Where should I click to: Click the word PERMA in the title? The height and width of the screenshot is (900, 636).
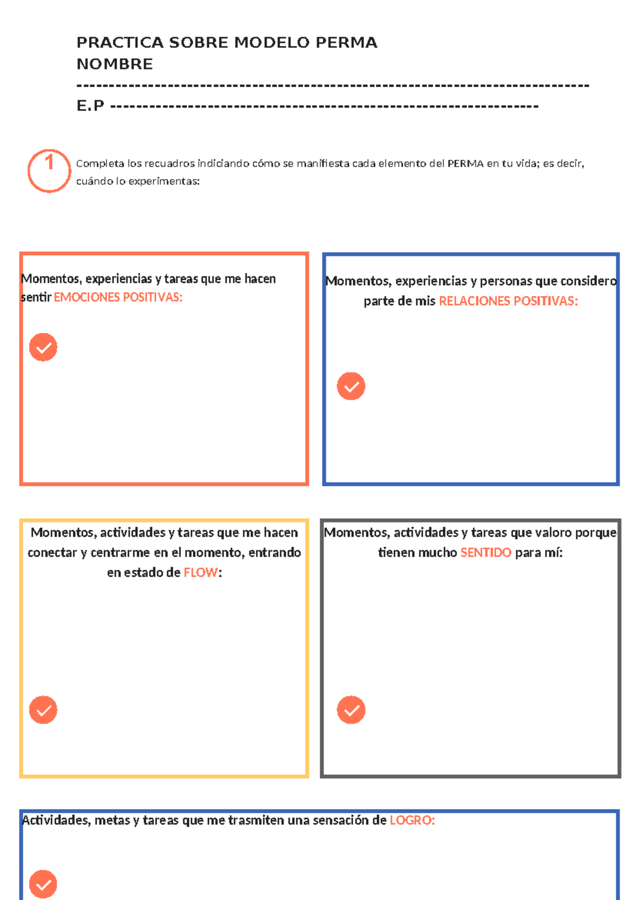tap(346, 42)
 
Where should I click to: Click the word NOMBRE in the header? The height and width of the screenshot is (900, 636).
tap(114, 64)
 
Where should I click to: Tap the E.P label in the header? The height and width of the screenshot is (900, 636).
tap(90, 106)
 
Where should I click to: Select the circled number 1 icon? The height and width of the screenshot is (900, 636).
tap(49, 171)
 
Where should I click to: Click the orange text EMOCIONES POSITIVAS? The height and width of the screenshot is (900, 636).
tap(118, 297)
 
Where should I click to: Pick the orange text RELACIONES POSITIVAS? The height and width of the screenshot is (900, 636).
tap(508, 301)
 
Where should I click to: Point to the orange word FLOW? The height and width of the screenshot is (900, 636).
tap(200, 572)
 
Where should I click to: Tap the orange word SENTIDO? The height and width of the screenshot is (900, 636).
tap(485, 552)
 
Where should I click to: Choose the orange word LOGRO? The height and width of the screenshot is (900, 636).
tap(412, 820)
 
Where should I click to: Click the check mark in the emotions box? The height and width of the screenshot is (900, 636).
tap(43, 347)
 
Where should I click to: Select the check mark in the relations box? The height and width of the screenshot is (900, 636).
tap(351, 386)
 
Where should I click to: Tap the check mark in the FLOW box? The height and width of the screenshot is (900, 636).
tap(43, 710)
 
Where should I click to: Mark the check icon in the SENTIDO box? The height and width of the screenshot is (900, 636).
tap(351, 710)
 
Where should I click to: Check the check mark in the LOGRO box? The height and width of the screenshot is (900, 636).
tap(43, 884)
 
